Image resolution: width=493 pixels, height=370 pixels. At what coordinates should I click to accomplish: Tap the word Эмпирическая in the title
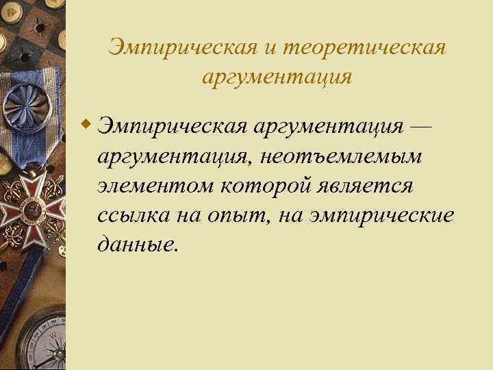(x=183, y=49)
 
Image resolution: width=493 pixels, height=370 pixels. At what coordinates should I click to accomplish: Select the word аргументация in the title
(x=277, y=77)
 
